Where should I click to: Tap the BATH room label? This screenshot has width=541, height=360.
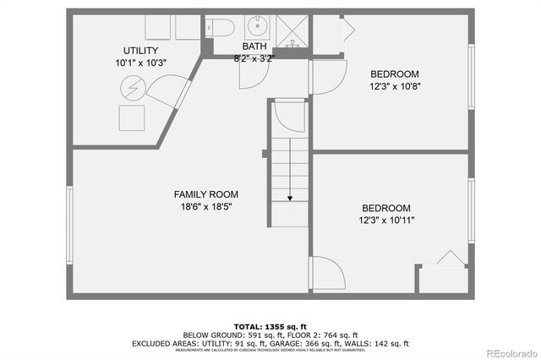click(x=254, y=46)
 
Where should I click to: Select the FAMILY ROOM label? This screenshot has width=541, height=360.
click(x=201, y=194)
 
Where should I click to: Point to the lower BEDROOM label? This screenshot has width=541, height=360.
click(x=386, y=209)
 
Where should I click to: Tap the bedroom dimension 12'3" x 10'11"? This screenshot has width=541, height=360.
click(x=386, y=221)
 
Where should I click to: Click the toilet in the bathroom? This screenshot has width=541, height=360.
click(x=222, y=25)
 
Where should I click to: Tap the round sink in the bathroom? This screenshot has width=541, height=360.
click(x=257, y=25)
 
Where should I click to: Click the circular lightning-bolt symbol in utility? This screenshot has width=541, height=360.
click(x=132, y=88)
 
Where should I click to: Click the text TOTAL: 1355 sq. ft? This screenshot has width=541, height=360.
click(x=270, y=326)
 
